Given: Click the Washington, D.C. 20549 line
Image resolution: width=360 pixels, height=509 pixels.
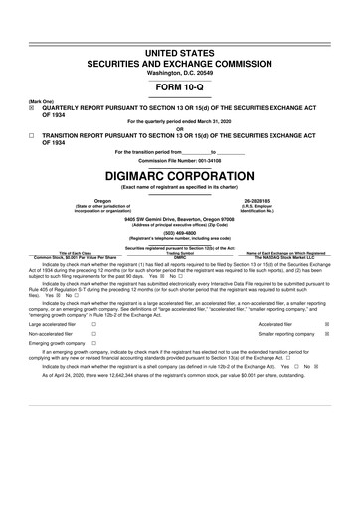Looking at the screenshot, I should [180, 46].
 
